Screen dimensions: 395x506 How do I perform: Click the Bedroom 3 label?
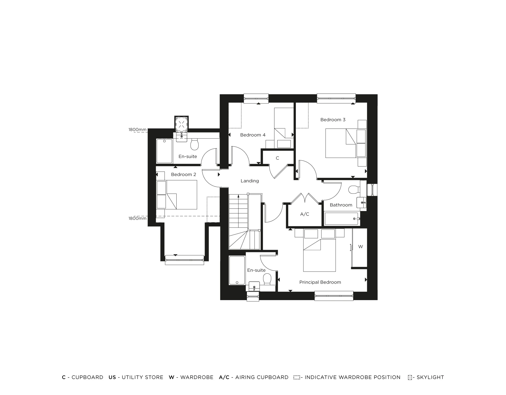click(x=333, y=120)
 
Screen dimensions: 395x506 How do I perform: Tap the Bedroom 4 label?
click(x=253, y=135)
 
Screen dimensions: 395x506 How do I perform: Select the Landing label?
click(x=250, y=181)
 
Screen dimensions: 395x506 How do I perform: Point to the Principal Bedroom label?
click(x=320, y=282)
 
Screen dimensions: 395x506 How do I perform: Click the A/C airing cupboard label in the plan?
click(x=305, y=214)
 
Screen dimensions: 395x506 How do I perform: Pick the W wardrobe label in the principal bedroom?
click(x=361, y=246)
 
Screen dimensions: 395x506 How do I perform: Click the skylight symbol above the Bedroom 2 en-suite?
click(x=181, y=124)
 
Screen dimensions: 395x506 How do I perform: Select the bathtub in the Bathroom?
click(x=342, y=219)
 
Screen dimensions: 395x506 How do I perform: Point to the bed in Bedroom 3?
click(x=342, y=143)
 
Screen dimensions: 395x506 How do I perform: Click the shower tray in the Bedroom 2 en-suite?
click(x=164, y=151)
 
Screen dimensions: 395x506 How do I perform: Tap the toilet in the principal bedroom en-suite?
click(x=267, y=280)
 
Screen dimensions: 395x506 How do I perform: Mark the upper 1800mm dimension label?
click(x=137, y=130)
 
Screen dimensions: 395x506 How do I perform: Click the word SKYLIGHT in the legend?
click(x=430, y=377)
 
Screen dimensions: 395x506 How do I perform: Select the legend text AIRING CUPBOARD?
click(x=262, y=377)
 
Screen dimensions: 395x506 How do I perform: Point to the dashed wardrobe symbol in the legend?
click(x=297, y=378)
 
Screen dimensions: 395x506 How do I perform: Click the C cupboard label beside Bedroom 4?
click(x=277, y=158)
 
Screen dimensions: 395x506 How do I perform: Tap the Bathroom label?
click(x=341, y=205)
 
